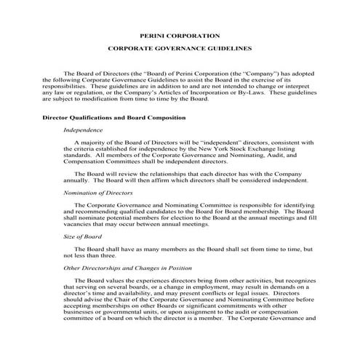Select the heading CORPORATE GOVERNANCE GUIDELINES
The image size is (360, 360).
(179, 51)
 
